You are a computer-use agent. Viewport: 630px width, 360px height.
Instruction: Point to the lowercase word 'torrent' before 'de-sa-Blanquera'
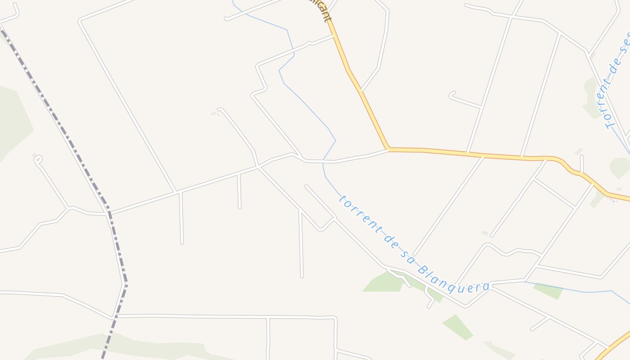tap(358, 211)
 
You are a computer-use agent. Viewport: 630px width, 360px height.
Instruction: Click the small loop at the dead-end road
tap(38, 159)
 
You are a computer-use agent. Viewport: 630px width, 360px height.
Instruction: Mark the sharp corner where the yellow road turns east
tap(388, 148)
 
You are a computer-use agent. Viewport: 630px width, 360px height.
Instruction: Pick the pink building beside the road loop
tap(34, 155)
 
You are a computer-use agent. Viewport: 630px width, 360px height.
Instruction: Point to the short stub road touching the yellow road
tap(582, 164)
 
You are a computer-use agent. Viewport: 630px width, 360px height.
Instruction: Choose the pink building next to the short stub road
tap(578, 152)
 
